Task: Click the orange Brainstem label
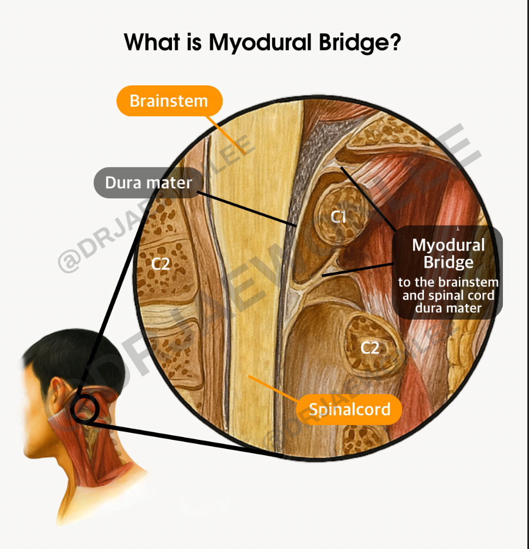click(169, 101)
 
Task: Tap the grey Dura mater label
click(148, 183)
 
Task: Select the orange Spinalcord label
click(349, 409)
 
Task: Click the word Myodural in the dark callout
click(448, 245)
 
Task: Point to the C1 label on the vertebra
click(339, 217)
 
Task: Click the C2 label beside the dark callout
click(370, 347)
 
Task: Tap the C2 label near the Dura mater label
click(161, 264)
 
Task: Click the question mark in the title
click(396, 42)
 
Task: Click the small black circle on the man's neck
click(85, 409)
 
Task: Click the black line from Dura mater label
click(245, 207)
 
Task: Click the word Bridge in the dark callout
click(448, 263)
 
